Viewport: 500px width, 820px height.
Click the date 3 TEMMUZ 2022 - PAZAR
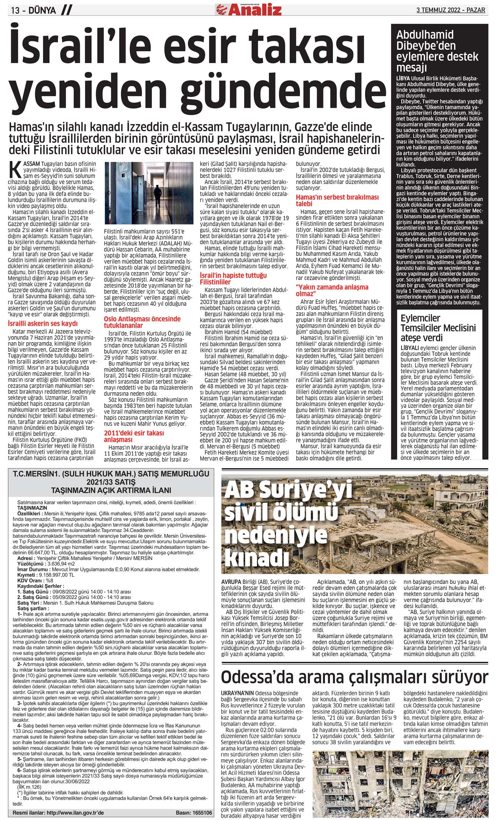pyautogui.click(x=451, y=10)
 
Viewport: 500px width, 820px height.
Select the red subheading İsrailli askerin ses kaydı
pyautogui.click(x=43, y=323)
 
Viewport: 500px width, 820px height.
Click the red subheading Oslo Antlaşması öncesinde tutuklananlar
pyautogui.click(x=142, y=322)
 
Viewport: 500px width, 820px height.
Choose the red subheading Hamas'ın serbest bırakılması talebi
pyautogui.click(x=337, y=200)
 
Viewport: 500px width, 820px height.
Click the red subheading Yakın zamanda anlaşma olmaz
pyautogui.click(x=332, y=290)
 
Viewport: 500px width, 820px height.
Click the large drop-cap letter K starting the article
pyautogui.click(x=16, y=170)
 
